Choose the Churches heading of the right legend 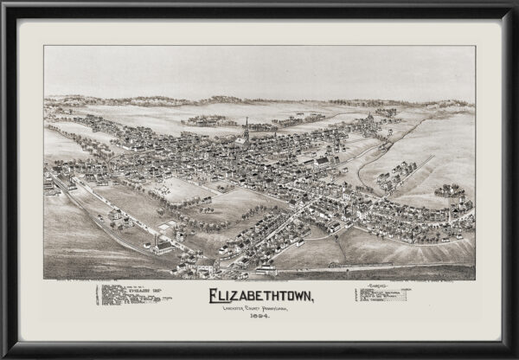379,285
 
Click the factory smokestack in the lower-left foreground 157,235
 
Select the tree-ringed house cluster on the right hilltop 449,190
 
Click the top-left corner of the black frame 3,3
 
